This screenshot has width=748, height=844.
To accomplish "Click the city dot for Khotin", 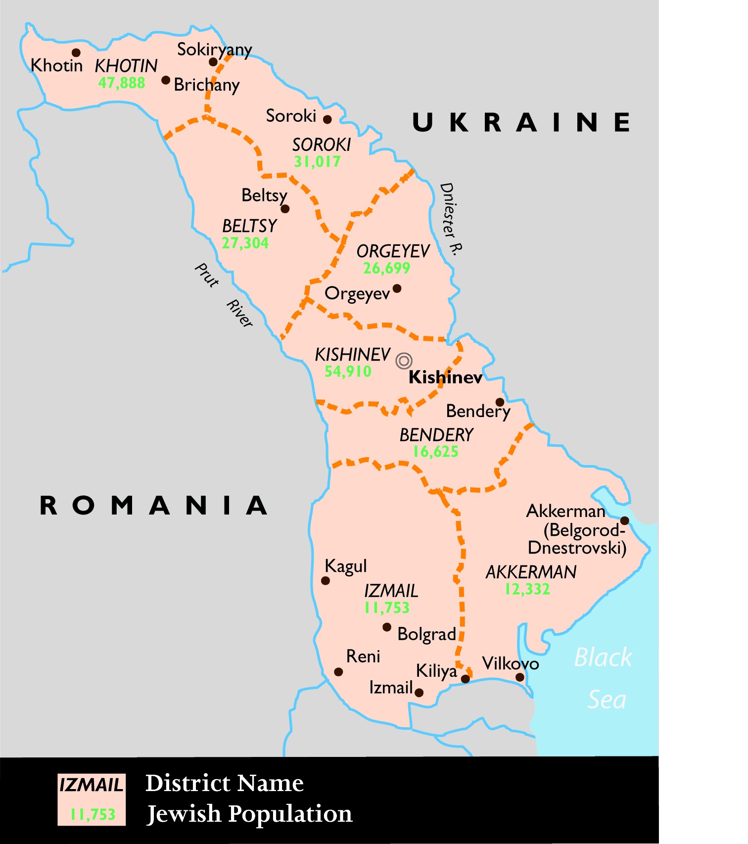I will pos(76,52).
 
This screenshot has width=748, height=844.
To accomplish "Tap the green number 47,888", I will pos(122,83).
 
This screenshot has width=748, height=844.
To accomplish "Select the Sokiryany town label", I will pos(214,49).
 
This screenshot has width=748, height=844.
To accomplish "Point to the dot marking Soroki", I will pos(327,119).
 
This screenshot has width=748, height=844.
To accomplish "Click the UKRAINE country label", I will pos(521,122).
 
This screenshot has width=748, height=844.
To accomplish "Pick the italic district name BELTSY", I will pos(249,226).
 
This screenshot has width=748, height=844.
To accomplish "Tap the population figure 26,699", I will pos(386,268).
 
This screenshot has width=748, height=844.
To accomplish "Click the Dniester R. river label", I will pos(450,218).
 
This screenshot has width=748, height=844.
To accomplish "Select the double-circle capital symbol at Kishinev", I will pos(404,361).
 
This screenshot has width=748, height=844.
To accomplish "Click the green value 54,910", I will pos(348,372).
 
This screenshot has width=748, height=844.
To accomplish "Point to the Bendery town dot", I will pos(500,402).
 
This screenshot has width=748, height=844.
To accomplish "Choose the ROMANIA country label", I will pos(153,506).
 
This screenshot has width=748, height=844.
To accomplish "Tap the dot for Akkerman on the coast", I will pos(624,520).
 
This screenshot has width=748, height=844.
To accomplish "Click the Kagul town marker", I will pos(325,580).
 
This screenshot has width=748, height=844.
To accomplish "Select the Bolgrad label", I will pos(426,634).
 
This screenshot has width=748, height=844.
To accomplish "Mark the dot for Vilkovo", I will pos(519,677).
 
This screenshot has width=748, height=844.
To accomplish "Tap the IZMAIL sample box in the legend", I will pos(92,799).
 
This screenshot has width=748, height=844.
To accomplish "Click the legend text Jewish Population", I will pos(250,814).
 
